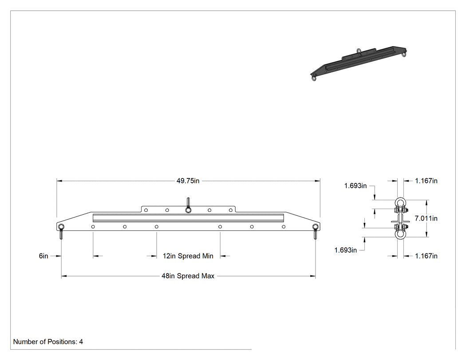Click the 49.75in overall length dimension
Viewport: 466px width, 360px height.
pyautogui.click(x=188, y=181)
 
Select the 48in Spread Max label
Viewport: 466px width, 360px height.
pyautogui.click(x=188, y=276)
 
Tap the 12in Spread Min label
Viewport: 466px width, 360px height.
pyautogui.click(x=188, y=256)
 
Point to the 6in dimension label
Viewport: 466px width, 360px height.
pyautogui.click(x=43, y=256)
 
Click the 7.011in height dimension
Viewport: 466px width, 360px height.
pyautogui.click(x=426, y=218)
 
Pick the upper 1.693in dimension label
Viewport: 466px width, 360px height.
pyautogui.click(x=355, y=186)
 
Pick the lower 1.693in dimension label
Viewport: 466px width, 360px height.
pyautogui.click(x=345, y=250)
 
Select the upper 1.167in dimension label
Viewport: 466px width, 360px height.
pyautogui.click(x=426, y=181)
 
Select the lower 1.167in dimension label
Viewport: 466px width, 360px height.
pyautogui.click(x=426, y=256)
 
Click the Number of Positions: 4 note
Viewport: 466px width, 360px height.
pyautogui.click(x=48, y=342)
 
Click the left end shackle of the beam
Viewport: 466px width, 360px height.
pyautogui.click(x=61, y=231)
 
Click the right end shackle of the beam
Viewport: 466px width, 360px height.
pyautogui.click(x=315, y=231)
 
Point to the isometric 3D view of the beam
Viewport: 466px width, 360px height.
pyautogui.click(x=358, y=63)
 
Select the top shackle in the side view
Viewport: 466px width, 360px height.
pyautogui.click(x=400, y=205)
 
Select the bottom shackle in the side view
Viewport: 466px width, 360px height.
pyautogui.click(x=400, y=232)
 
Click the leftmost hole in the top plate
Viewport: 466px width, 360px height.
pyautogui.click(x=146, y=210)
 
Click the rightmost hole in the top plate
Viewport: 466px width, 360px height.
pyautogui.click(x=231, y=210)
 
